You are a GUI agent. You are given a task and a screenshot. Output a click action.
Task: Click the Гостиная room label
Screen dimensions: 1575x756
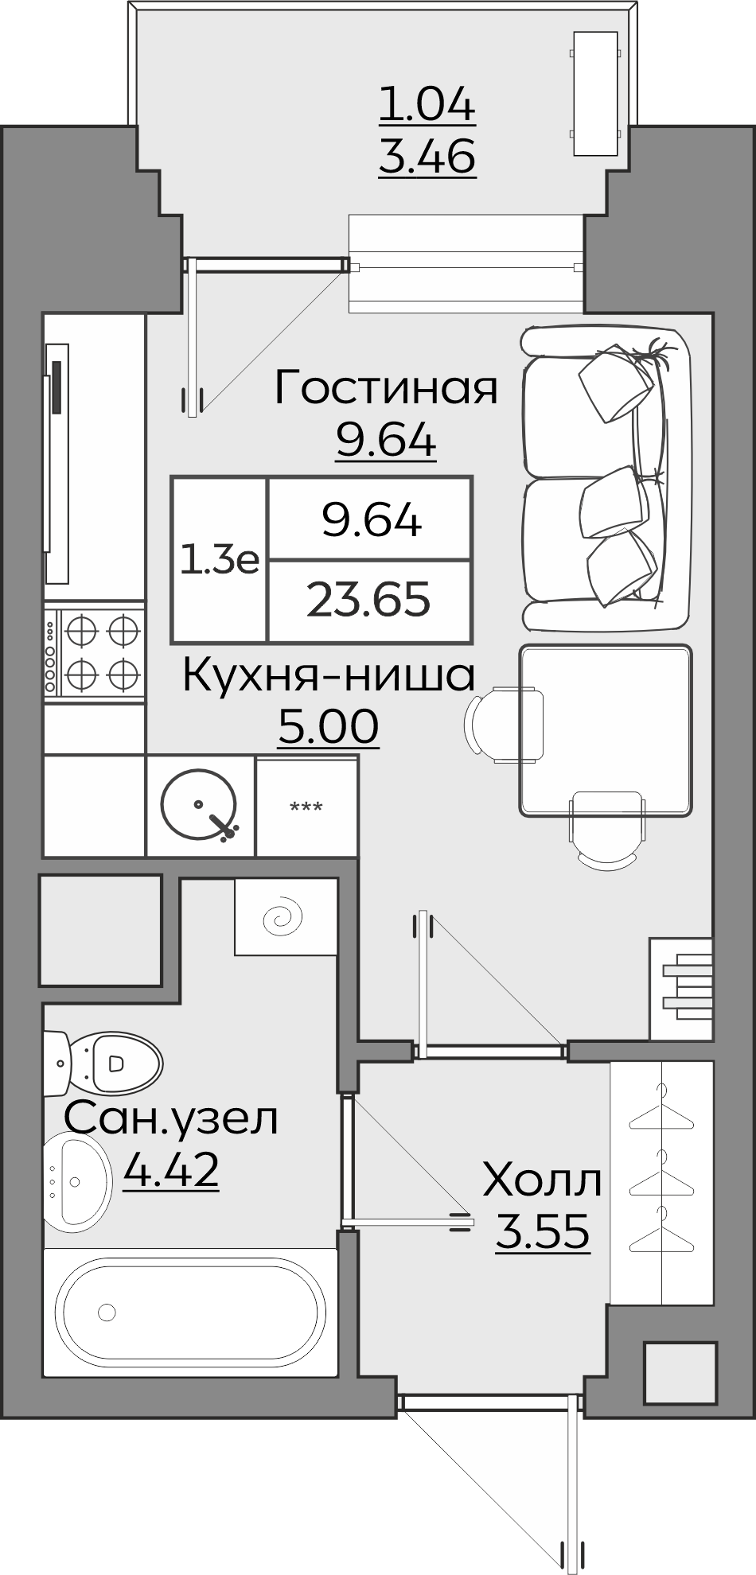(386, 388)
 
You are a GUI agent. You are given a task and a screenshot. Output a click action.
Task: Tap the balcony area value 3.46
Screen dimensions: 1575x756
(427, 156)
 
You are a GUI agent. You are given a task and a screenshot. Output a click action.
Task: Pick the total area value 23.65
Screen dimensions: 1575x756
(369, 601)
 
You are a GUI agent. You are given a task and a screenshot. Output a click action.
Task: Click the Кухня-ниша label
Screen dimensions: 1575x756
(329, 676)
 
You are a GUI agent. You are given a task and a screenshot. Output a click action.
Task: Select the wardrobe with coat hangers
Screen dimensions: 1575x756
(661, 1182)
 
